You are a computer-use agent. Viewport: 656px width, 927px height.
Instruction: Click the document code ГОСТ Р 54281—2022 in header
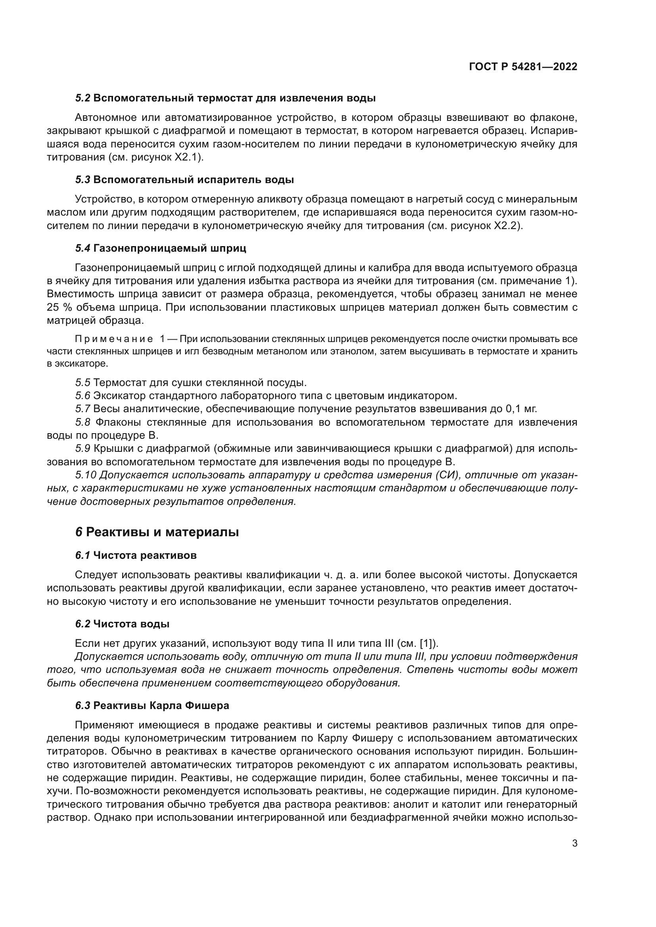pos(523,67)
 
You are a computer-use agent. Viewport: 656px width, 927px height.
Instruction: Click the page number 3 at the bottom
pos(574,843)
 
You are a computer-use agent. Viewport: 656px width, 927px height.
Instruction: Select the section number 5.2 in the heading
pos(83,98)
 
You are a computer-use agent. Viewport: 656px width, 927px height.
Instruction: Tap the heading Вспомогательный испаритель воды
pos(194,180)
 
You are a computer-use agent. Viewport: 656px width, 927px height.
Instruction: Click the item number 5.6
pos(83,395)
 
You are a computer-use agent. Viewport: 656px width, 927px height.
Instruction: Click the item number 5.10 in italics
pos(86,475)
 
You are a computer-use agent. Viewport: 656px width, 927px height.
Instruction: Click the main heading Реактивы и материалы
pos(162,532)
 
